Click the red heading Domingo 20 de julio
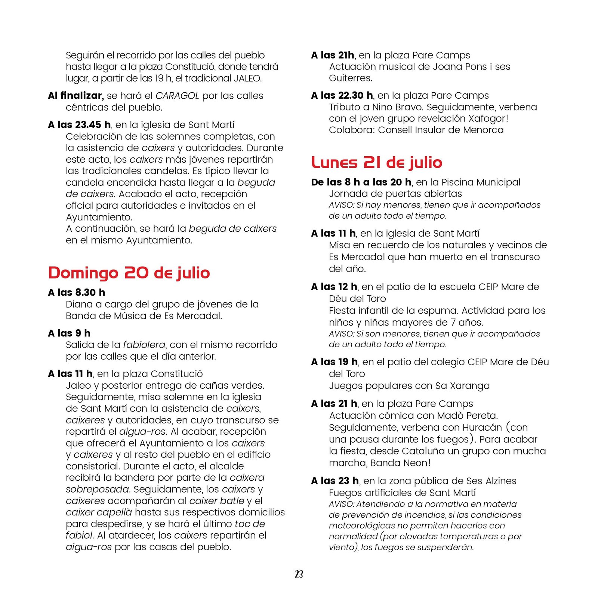pyautogui.click(x=129, y=273)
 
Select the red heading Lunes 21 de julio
pyautogui.click(x=377, y=163)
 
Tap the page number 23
pyautogui.click(x=299, y=574)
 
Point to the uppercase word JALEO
pyautogui.click(x=247, y=78)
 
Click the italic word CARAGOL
pyautogui.click(x=177, y=96)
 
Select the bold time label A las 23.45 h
pyautogui.click(x=79, y=125)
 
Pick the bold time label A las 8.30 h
pyautogui.click(x=77, y=292)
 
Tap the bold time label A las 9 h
pyautogui.click(x=69, y=333)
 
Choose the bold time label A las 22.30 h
pyautogui.click(x=342, y=96)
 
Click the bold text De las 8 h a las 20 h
pyautogui.click(x=361, y=182)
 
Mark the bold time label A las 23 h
pyautogui.click(x=335, y=481)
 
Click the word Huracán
pyautogui.click(x=482, y=428)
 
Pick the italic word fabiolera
pyautogui.click(x=144, y=345)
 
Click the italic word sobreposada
pyautogui.click(x=98, y=489)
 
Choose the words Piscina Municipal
pyautogui.click(x=481, y=182)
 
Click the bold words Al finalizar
pyautogui.click(x=76, y=96)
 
